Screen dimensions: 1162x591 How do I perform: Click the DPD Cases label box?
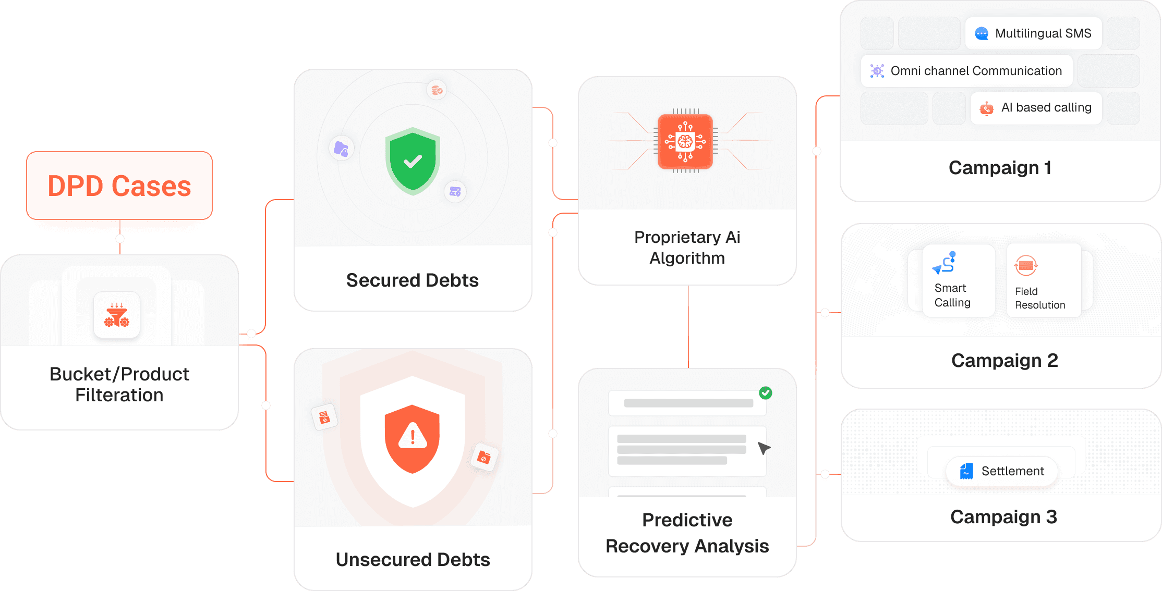[119, 186]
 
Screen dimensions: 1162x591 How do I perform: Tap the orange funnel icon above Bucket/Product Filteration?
[117, 315]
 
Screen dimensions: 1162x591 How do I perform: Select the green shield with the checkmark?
[413, 161]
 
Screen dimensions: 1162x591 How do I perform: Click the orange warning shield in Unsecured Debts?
[412, 438]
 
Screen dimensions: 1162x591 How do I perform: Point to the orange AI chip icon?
[685, 141]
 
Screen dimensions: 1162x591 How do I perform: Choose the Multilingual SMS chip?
[1033, 33]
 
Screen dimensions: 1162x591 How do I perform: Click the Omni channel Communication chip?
[966, 71]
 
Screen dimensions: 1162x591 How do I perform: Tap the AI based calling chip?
[1036, 108]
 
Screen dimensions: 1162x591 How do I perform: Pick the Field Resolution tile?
[1043, 281]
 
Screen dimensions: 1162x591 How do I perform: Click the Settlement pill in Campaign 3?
[1002, 471]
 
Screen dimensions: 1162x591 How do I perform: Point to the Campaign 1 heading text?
[1000, 168]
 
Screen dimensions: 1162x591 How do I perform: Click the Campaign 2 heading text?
[1004, 361]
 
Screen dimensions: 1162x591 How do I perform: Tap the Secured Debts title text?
[412, 280]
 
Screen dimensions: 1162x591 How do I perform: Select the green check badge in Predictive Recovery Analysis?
[766, 392]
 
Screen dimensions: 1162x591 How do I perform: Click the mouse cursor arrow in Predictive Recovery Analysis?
[764, 448]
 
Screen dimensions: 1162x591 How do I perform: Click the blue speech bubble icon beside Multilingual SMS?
[982, 33]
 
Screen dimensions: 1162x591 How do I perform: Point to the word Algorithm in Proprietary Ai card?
[687, 258]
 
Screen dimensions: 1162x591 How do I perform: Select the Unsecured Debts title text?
[413, 560]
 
